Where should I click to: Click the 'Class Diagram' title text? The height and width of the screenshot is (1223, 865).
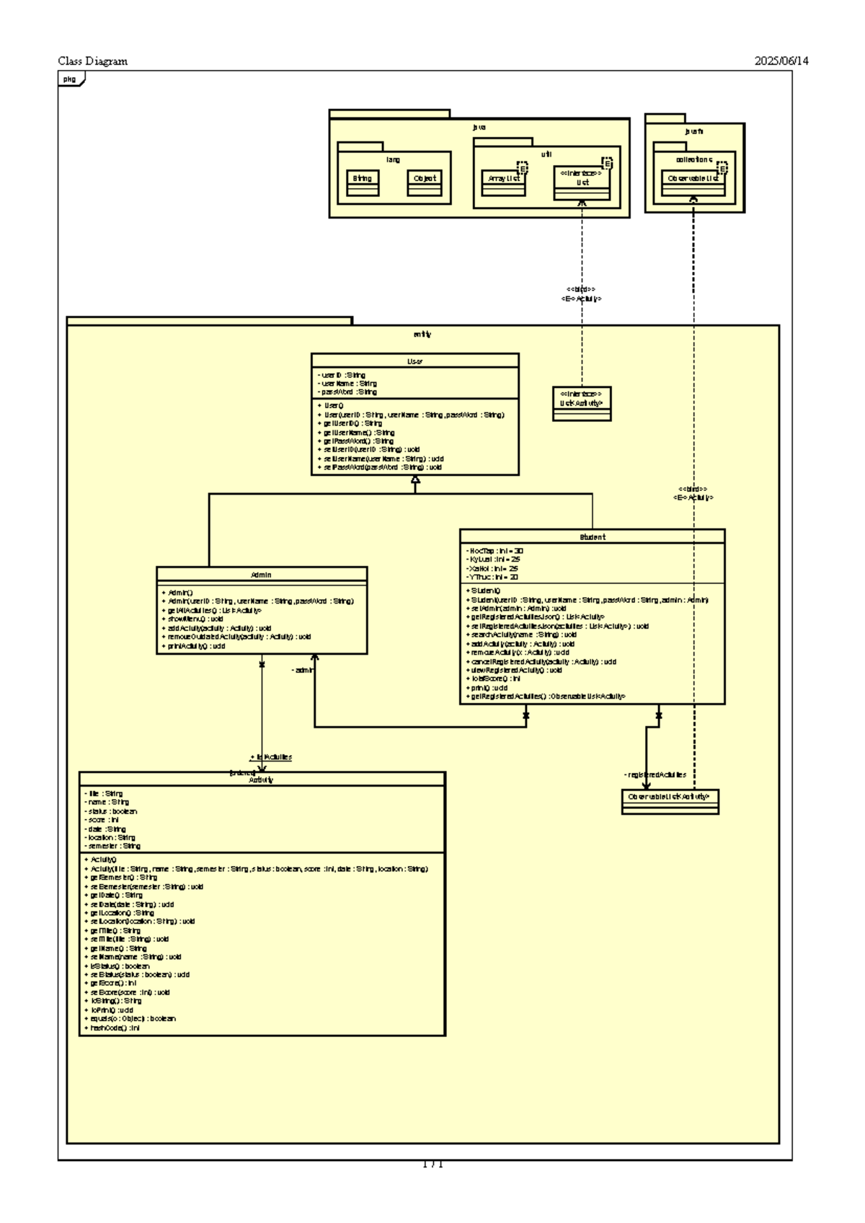point(92,61)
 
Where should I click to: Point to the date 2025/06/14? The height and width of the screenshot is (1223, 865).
point(781,61)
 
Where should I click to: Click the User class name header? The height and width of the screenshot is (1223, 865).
point(414,361)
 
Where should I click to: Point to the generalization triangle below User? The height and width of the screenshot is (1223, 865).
point(415,480)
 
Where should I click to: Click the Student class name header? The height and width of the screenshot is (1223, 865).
point(592,537)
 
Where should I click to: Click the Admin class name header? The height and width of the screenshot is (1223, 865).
point(261,575)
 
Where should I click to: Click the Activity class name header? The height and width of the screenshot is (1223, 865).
point(261,780)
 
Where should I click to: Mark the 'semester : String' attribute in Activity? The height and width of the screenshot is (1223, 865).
point(113,846)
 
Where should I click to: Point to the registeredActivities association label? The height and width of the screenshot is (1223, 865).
point(655,774)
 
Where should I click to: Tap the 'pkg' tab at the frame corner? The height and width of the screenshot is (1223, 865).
point(70,79)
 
